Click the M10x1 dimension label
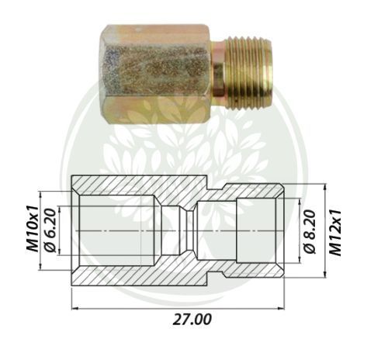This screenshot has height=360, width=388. point(33,229)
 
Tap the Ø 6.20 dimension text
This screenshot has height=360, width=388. point(50,230)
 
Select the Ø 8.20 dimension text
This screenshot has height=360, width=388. point(310,232)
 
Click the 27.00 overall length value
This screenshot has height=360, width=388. point(192,319)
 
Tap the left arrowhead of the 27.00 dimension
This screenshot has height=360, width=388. point(74,308)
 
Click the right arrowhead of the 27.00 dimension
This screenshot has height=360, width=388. point(281,308)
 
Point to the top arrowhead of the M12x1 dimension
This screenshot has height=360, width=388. point(324,187)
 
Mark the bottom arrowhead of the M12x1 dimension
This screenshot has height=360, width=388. point(324,274)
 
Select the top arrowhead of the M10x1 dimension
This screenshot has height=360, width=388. point(40,195)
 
